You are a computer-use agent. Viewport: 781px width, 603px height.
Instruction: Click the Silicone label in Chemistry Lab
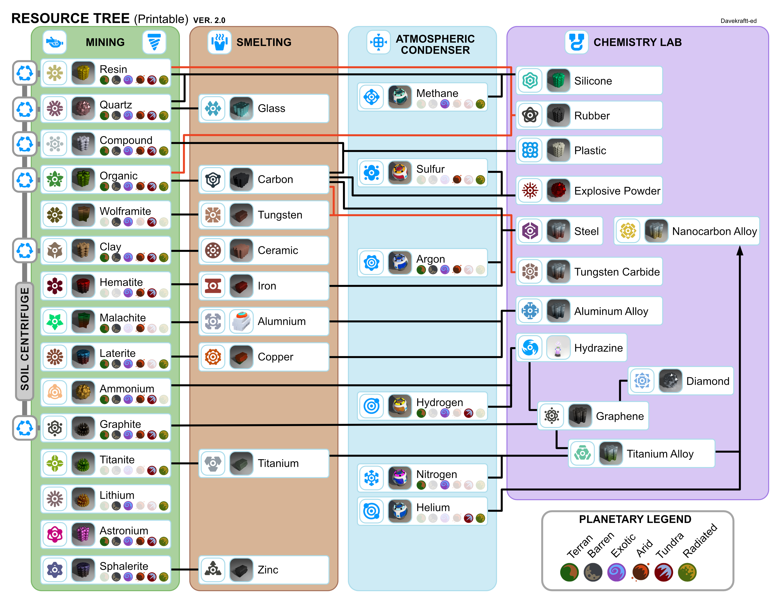coord(593,81)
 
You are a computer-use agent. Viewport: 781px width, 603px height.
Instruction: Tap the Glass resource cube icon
coord(241,109)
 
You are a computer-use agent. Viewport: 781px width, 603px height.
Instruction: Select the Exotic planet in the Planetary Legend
coord(616,572)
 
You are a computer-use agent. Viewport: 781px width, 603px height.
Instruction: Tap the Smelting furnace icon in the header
coord(219,42)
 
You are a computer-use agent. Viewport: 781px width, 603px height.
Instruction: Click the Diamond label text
coord(707,381)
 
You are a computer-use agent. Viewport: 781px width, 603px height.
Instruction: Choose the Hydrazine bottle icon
coord(558,348)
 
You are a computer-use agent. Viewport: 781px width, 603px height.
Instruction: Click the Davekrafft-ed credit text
coord(738,21)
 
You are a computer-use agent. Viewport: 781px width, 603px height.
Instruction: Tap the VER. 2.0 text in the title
coord(209,20)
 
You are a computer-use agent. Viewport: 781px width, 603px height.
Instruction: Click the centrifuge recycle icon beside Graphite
coord(25,428)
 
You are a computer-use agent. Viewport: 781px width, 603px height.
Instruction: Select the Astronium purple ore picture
coord(83,534)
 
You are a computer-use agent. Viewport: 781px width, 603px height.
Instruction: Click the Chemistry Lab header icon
coord(576,42)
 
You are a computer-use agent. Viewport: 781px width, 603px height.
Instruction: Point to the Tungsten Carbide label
coord(617,272)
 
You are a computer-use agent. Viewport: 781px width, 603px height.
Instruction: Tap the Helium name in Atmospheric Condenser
coord(433,507)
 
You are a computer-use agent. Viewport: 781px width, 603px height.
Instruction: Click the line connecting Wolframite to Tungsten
coord(185,214)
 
